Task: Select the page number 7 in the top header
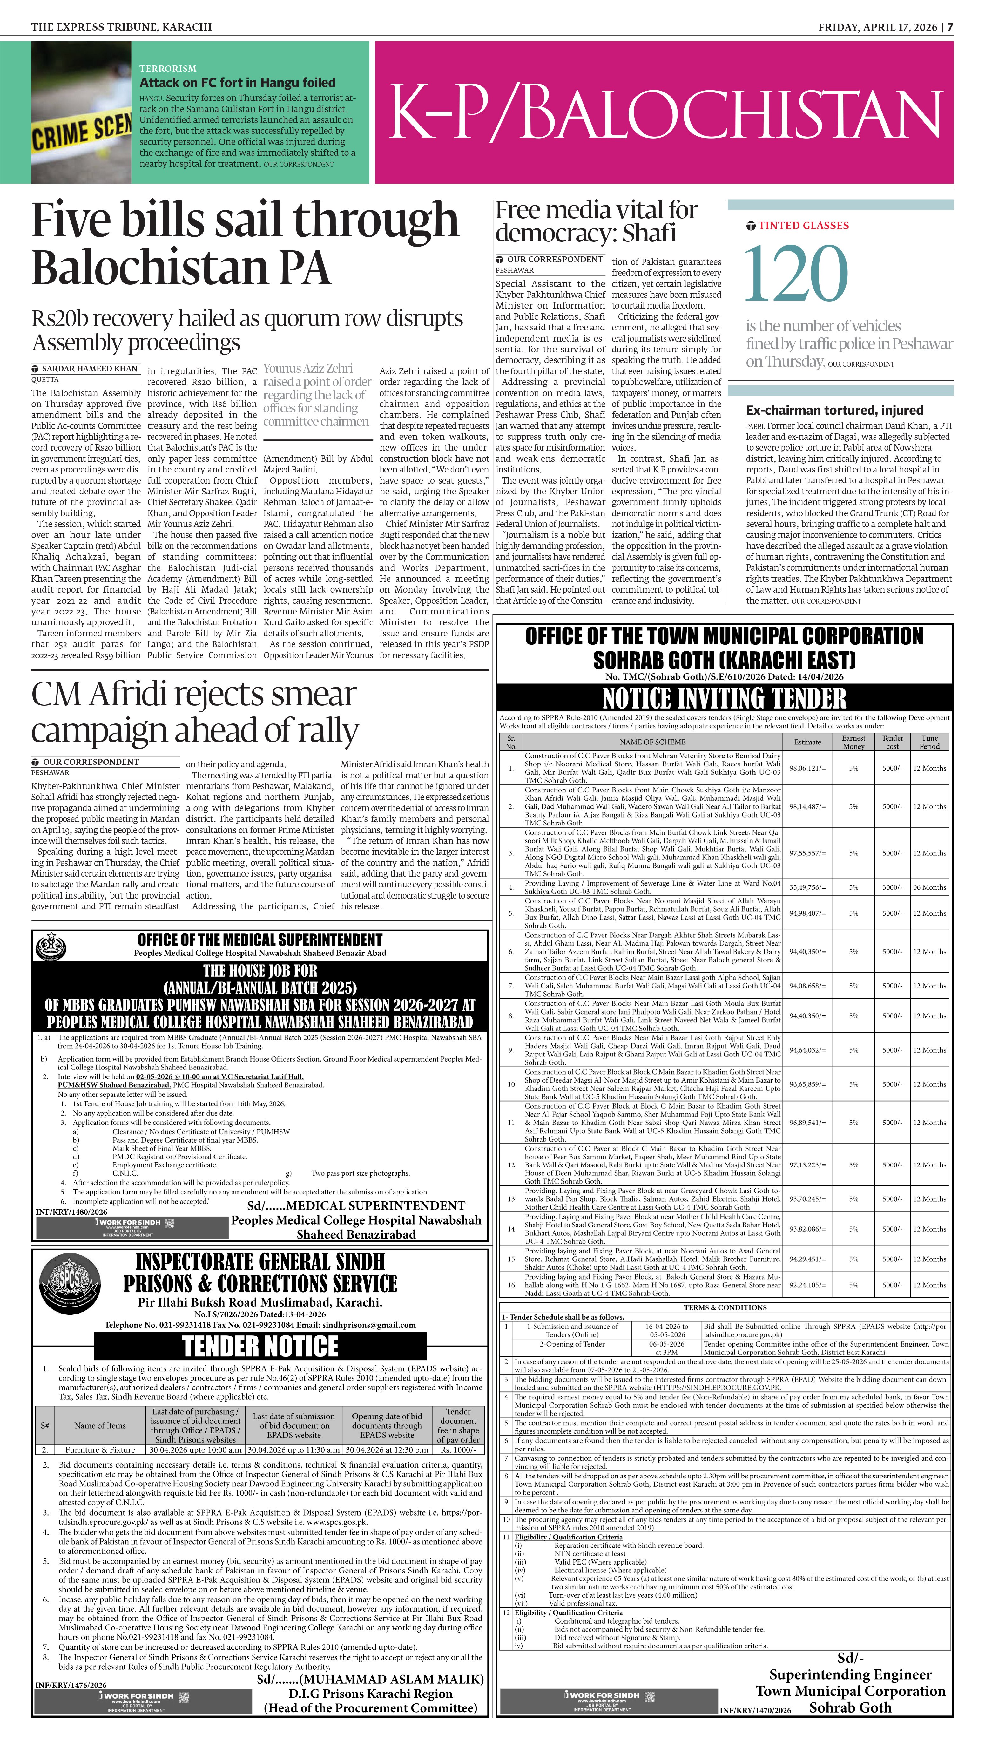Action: click(950, 27)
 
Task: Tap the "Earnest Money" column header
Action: click(853, 742)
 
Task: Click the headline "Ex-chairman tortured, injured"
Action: click(834, 410)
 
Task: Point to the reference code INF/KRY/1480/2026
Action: click(72, 1212)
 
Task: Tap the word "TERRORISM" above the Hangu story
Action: click(168, 68)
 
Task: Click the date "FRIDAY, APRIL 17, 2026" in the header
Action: click(877, 27)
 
